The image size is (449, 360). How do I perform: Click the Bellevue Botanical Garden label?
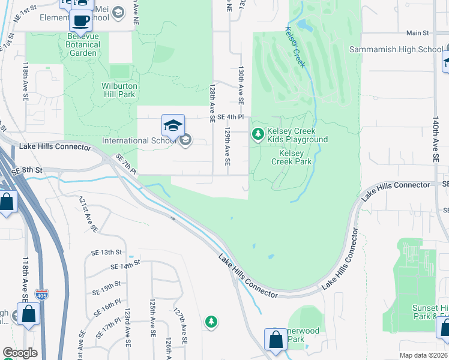(82, 49)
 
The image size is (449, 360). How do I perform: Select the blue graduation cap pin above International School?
(173, 125)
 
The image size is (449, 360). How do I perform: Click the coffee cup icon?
(81, 21)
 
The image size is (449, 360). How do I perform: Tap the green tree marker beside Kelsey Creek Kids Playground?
(258, 133)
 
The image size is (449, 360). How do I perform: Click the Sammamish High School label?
(396, 49)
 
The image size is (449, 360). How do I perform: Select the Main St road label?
(417, 33)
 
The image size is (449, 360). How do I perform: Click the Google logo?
(20, 353)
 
